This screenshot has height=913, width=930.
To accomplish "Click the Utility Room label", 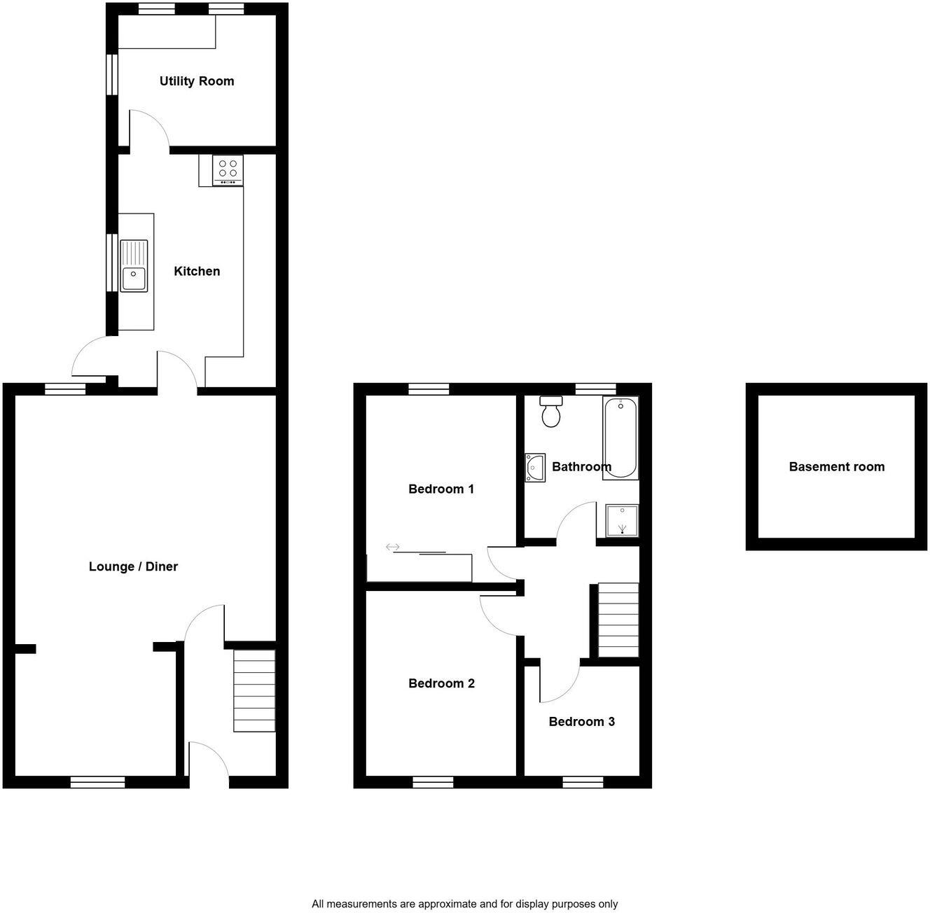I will pyautogui.click(x=196, y=81).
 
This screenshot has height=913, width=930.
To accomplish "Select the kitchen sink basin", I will pyautogui.click(x=133, y=278).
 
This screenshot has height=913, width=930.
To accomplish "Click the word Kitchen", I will pyautogui.click(x=197, y=271).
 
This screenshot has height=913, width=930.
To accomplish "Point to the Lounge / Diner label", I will pyautogui.click(x=133, y=566).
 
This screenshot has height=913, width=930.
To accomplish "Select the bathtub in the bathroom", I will pyautogui.click(x=620, y=438).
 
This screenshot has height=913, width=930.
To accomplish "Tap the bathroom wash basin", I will pyautogui.click(x=536, y=468).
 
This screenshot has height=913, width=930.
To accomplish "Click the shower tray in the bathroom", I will pyautogui.click(x=622, y=521).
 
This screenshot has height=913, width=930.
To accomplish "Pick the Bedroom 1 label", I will pyautogui.click(x=441, y=489).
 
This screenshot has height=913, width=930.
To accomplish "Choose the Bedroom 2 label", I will pyautogui.click(x=441, y=683).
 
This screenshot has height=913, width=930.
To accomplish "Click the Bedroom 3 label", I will pyautogui.click(x=581, y=721).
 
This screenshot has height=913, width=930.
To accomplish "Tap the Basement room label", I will pyautogui.click(x=836, y=467).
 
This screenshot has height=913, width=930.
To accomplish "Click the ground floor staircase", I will pyautogui.click(x=254, y=690).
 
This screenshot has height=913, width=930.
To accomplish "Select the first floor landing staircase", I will pyautogui.click(x=618, y=620).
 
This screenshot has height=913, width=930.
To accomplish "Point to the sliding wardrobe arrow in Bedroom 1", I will pyautogui.click(x=392, y=547).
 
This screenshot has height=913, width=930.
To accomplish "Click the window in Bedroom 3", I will pyautogui.click(x=583, y=781).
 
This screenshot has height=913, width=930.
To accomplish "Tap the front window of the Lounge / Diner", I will pyautogui.click(x=97, y=781).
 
